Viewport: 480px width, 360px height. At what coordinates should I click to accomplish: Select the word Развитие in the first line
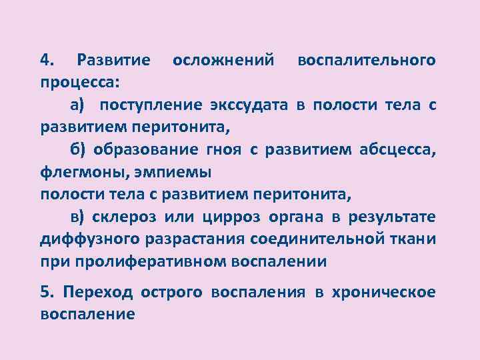point(113,61)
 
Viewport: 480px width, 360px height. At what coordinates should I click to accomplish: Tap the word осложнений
point(223,61)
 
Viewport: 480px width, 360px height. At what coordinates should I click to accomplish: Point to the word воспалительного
point(367,61)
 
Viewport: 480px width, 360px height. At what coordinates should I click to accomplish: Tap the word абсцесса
point(393,150)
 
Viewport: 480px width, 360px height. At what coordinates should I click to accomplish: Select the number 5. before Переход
point(47,292)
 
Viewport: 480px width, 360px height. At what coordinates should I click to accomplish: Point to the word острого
point(172,292)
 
